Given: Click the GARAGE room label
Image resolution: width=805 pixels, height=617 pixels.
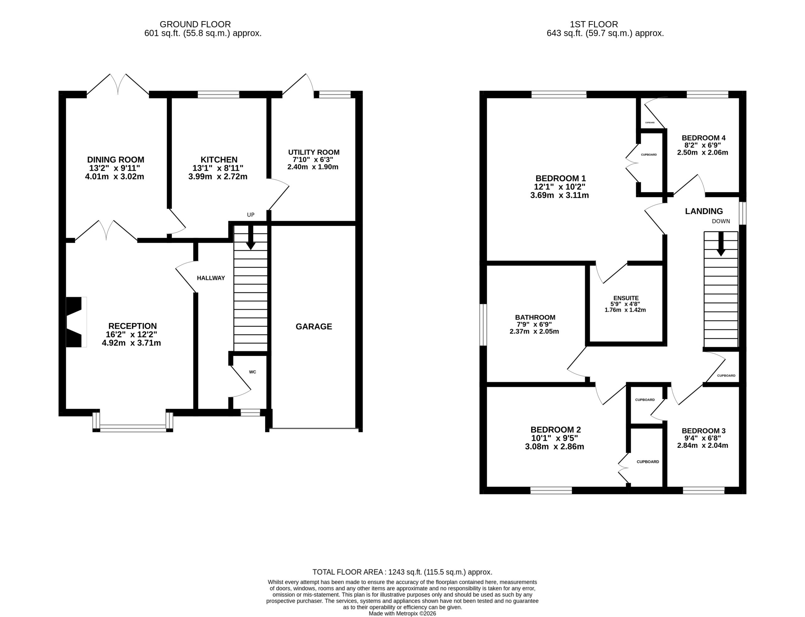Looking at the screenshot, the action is pyautogui.click(x=314, y=327).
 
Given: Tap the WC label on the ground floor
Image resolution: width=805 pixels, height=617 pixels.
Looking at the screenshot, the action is pyautogui.click(x=253, y=372).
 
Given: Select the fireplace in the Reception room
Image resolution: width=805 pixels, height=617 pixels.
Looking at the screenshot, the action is pyautogui.click(x=76, y=322).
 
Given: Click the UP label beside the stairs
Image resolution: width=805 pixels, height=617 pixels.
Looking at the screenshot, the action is pyautogui.click(x=251, y=215).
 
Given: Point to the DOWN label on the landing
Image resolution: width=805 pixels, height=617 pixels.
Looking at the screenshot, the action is pyautogui.click(x=721, y=222).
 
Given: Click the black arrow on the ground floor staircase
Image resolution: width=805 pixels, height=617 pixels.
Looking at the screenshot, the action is pyautogui.click(x=251, y=237).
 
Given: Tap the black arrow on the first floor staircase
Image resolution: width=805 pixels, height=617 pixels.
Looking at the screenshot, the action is pyautogui.click(x=721, y=244).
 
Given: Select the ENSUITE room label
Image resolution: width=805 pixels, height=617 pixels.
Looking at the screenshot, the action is pyautogui.click(x=626, y=298).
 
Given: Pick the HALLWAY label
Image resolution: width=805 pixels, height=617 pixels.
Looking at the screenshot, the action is pyautogui.click(x=211, y=278).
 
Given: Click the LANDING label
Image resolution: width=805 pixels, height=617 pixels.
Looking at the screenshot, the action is pyautogui.click(x=704, y=211).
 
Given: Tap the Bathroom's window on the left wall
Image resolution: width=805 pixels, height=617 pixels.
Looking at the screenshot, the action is pyautogui.click(x=483, y=325).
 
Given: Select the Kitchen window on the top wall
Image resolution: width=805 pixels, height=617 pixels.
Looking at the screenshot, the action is pyautogui.click(x=219, y=94).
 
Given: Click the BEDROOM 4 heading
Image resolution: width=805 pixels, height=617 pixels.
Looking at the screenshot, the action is pyautogui.click(x=703, y=138).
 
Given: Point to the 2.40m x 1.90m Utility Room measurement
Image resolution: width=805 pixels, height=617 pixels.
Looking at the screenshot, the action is pyautogui.click(x=313, y=167).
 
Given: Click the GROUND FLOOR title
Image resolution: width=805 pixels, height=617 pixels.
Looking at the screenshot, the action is pyautogui.click(x=195, y=24).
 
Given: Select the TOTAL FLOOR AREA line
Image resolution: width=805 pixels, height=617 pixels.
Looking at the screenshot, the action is pyautogui.click(x=402, y=572).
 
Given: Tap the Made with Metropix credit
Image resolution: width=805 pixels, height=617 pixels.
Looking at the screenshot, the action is pyautogui.click(x=402, y=613).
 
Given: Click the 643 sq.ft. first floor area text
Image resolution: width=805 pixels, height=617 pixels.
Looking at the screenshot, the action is pyautogui.click(x=605, y=33).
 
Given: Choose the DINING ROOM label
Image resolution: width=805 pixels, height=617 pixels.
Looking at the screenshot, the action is pyautogui.click(x=116, y=160).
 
